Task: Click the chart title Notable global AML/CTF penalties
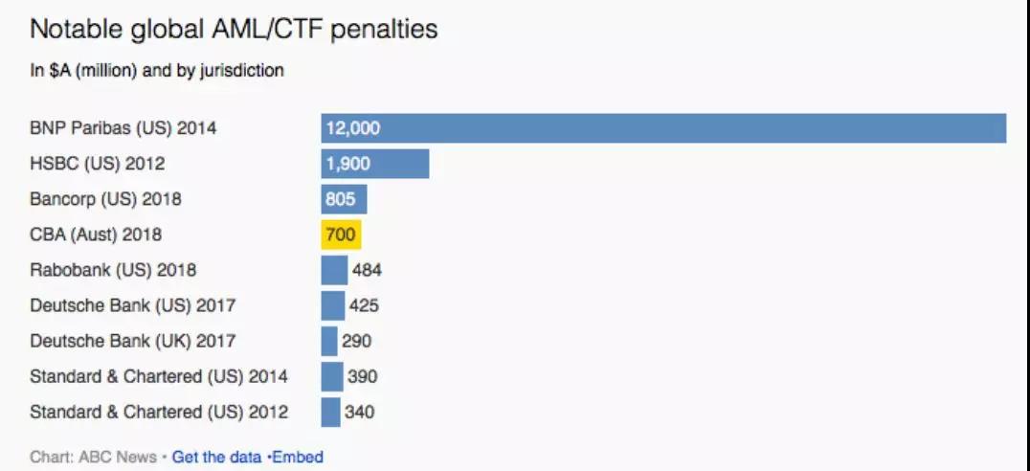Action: (234, 30)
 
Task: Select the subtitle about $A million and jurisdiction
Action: (157, 70)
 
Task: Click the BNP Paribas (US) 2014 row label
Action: (123, 127)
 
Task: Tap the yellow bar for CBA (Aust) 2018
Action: (341, 235)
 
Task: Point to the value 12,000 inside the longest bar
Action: (353, 128)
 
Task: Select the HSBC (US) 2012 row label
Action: (98, 163)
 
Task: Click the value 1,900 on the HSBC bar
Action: (348, 164)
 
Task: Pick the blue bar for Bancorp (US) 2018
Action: (345, 199)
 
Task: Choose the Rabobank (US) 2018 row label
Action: (113, 270)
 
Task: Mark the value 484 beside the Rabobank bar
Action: (367, 270)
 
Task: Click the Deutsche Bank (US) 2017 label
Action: (133, 305)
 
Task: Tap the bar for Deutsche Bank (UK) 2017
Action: (329, 341)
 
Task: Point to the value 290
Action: (357, 341)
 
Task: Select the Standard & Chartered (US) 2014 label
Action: (159, 376)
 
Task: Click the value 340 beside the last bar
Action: (359, 412)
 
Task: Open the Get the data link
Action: (217, 457)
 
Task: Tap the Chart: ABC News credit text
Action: (93, 457)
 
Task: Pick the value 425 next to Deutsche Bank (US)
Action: (364, 305)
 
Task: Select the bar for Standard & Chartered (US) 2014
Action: (332, 376)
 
